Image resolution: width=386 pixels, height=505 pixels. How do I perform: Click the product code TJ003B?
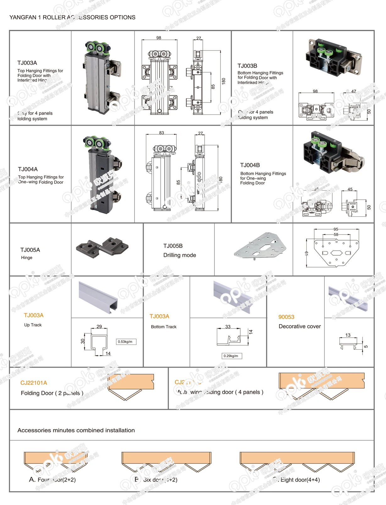pyautogui.click(x=247, y=66)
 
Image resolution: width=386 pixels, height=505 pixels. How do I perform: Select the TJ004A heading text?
pyautogui.click(x=28, y=169)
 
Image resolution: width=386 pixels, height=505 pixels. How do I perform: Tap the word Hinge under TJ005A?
pyautogui.click(x=27, y=258)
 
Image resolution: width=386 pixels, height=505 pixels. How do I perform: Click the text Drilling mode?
pyautogui.click(x=179, y=255)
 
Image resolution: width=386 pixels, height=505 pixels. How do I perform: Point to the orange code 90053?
pyautogui.click(x=286, y=317)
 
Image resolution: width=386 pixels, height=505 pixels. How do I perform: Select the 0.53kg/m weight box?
pyautogui.click(x=126, y=341)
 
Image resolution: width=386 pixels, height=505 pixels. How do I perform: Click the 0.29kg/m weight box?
pyautogui.click(x=231, y=356)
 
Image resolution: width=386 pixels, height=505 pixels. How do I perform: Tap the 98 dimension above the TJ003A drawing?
pyautogui.click(x=159, y=38)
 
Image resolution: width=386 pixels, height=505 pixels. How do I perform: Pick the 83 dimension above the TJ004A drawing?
pyautogui.click(x=162, y=133)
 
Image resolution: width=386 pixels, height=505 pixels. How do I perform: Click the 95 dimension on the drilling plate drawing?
pyautogui.click(x=336, y=229)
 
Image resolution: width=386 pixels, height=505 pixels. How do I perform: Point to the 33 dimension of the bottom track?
pyautogui.click(x=228, y=327)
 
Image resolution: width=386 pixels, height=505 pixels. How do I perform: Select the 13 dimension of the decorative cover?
pyautogui.click(x=348, y=335)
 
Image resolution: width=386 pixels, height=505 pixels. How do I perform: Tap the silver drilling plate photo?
pyautogui.click(x=261, y=245)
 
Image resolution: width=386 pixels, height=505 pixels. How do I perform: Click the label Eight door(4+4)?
pyautogui.click(x=300, y=480)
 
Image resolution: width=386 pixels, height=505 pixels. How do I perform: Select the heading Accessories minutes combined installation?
pyautogui.click(x=76, y=430)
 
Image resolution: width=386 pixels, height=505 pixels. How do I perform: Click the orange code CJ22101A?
pyautogui.click(x=34, y=383)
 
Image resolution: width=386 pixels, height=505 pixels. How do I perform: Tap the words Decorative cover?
pyautogui.click(x=300, y=326)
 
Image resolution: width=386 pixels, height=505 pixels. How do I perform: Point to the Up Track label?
pyautogui.click(x=33, y=325)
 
